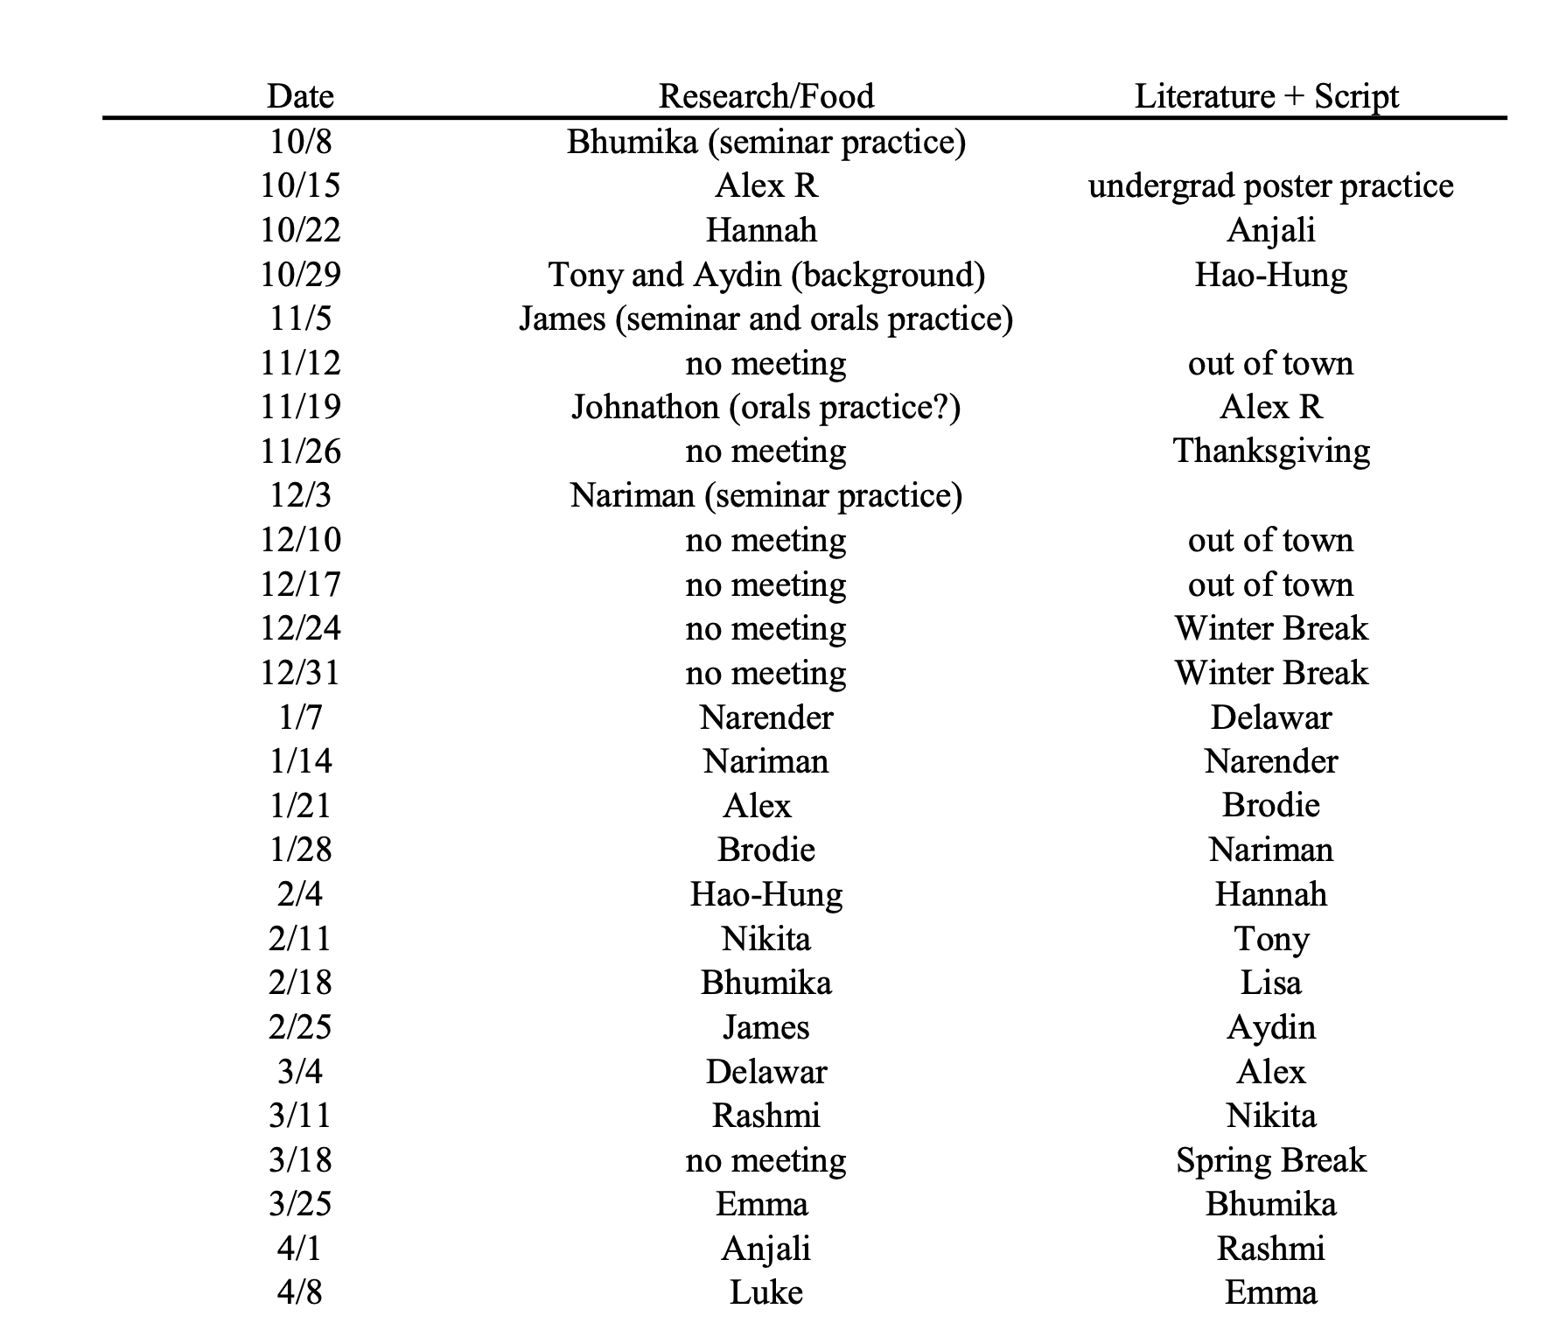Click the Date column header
300,95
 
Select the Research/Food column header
766,95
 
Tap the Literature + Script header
1266,95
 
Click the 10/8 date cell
300,141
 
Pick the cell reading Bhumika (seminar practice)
766,141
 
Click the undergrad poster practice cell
1270,185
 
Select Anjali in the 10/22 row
1270,229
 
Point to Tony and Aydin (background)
766,274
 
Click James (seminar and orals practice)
766,318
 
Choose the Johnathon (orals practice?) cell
766,407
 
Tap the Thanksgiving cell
1270,451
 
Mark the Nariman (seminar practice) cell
766,495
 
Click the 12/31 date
300,672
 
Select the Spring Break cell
1270,1159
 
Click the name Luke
766,1292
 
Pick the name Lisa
1270,982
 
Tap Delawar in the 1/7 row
1270,717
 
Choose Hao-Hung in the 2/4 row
766,893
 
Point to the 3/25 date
300,1203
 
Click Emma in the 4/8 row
1270,1292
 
